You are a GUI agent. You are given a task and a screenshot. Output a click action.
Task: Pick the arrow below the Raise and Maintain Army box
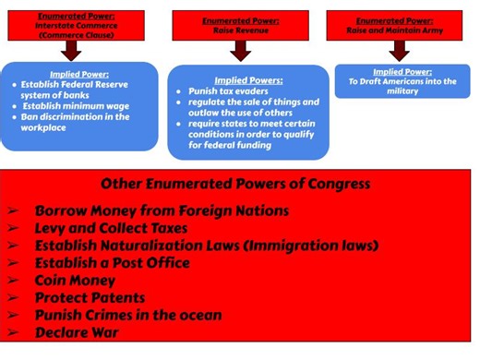click(398, 51)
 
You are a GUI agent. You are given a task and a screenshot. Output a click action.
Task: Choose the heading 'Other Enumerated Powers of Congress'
click(235, 184)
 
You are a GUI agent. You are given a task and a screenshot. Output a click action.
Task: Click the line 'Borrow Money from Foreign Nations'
click(162, 210)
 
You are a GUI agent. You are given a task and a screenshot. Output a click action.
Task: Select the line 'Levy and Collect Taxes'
click(111, 228)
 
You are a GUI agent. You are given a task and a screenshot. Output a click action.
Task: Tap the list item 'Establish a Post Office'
click(112, 263)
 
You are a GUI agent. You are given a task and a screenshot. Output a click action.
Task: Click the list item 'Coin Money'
click(72, 281)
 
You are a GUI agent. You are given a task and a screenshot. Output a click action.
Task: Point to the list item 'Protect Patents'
click(90, 297)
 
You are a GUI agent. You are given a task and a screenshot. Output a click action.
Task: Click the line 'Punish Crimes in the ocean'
click(127, 315)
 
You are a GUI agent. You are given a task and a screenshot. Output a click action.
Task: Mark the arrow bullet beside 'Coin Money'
click(14, 281)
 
